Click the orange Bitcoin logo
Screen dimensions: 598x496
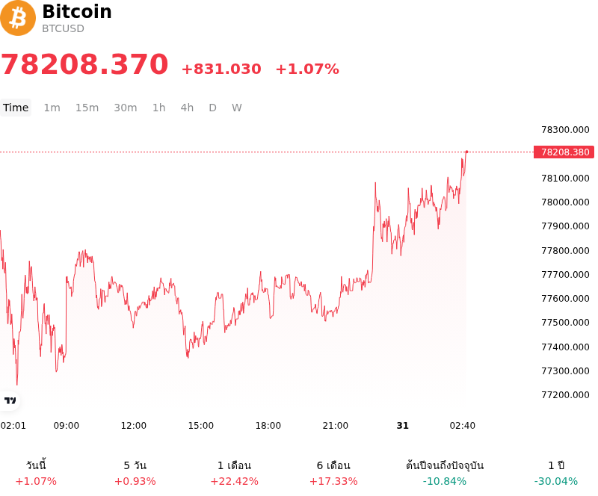17,18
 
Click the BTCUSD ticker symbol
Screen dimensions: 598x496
63,28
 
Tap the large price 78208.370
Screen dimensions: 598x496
84,63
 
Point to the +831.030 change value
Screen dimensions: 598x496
221,69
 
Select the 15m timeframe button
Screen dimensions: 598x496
87,108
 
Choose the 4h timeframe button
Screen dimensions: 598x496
187,108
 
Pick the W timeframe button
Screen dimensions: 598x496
236,108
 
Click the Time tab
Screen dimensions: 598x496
16,108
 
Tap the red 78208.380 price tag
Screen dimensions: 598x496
564,152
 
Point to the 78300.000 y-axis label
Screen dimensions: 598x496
565,130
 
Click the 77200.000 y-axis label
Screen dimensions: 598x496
565,394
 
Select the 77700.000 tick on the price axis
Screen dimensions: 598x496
565,274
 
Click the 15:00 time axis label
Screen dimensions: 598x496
200,426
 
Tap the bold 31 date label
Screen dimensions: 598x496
402,426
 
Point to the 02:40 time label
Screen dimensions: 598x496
462,426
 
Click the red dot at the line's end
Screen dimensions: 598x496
466,152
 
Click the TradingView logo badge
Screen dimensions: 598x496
10,400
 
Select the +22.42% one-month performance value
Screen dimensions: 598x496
234,481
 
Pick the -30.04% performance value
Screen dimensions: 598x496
555,481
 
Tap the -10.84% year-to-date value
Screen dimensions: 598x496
444,481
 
